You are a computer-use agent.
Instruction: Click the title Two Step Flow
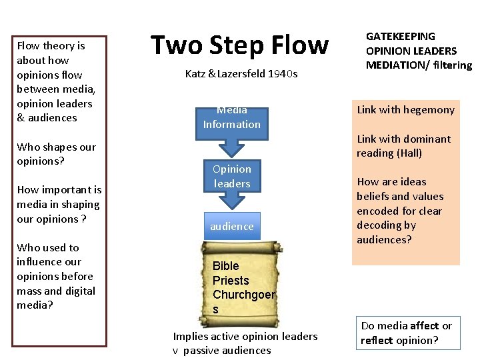pyautogui.click(x=239, y=45)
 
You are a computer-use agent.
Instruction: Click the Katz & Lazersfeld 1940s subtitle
pyautogui.click(x=241, y=74)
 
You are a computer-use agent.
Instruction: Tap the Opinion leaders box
pyautogui.click(x=231, y=177)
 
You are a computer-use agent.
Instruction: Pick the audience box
pyautogui.click(x=231, y=227)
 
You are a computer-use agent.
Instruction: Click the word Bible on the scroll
pyautogui.click(x=225, y=266)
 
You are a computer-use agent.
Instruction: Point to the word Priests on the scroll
pyautogui.click(x=231, y=281)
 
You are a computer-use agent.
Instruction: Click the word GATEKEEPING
pyautogui.click(x=400, y=37)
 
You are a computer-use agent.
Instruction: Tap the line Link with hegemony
pyautogui.click(x=405, y=110)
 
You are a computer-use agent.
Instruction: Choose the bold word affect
pyautogui.click(x=425, y=326)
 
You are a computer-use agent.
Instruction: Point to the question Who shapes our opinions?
pyautogui.click(x=56, y=154)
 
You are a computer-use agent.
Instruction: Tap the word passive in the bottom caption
pyautogui.click(x=201, y=351)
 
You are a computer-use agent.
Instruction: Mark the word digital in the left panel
pyautogui.click(x=81, y=291)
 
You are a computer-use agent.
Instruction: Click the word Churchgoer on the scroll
pyautogui.click(x=244, y=295)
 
